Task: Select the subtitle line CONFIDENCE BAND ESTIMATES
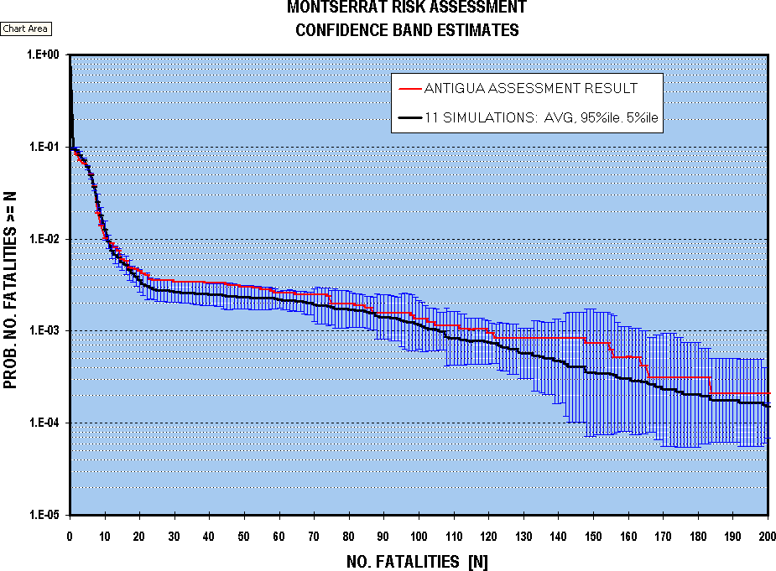[x=407, y=31]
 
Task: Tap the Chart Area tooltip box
[x=26, y=29]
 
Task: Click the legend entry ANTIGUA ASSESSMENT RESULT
[x=530, y=89]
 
